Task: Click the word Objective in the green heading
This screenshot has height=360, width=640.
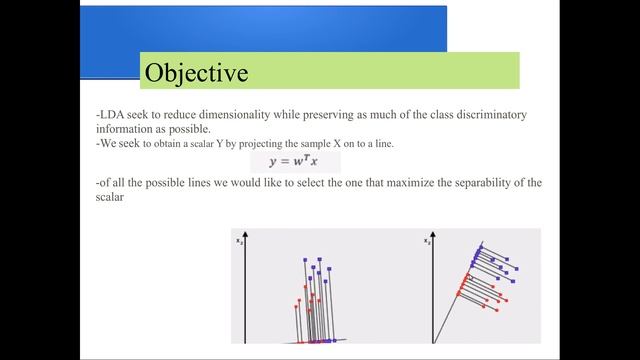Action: pyautogui.click(x=196, y=73)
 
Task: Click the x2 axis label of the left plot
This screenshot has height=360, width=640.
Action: pyautogui.click(x=238, y=241)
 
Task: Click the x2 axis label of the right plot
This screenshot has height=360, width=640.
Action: pyautogui.click(x=427, y=241)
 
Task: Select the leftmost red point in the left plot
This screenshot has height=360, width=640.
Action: pyautogui.click(x=296, y=302)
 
